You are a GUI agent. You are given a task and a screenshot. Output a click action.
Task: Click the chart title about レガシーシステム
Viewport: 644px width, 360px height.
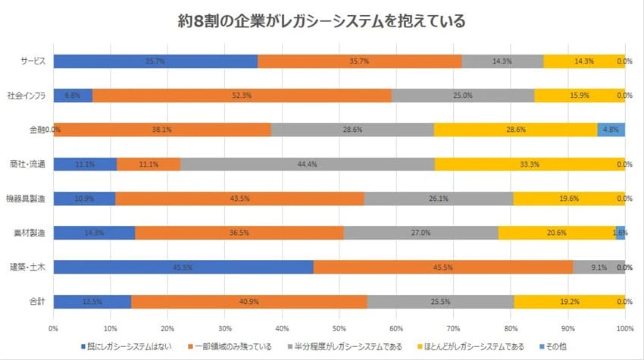click(322, 20)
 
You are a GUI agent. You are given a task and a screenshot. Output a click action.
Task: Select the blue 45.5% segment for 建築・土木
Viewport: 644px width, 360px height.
click(183, 267)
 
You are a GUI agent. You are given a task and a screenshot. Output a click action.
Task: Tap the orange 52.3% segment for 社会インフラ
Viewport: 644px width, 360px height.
click(242, 95)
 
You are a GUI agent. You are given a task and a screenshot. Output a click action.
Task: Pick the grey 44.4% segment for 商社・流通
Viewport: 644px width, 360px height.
click(308, 164)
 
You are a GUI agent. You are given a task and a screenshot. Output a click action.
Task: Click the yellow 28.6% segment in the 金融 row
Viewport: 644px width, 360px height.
click(515, 130)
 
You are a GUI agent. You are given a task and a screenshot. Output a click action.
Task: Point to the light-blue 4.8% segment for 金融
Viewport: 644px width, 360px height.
click(611, 130)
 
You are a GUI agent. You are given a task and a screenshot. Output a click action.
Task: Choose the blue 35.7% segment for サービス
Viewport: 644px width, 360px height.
click(155, 61)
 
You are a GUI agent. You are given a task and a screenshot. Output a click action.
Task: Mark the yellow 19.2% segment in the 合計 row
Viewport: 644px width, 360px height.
click(570, 301)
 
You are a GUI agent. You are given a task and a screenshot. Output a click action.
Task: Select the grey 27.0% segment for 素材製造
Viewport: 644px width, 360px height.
click(420, 233)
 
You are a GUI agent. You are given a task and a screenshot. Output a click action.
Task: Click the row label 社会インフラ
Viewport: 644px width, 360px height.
click(27, 95)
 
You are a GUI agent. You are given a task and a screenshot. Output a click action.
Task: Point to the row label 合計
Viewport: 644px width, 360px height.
click(36, 301)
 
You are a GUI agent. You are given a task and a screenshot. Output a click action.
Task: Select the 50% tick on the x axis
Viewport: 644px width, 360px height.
click(339, 328)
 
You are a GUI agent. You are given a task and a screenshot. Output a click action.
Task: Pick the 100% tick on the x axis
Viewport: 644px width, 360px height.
click(624, 328)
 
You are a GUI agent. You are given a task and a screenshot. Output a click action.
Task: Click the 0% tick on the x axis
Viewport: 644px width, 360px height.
click(53, 328)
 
